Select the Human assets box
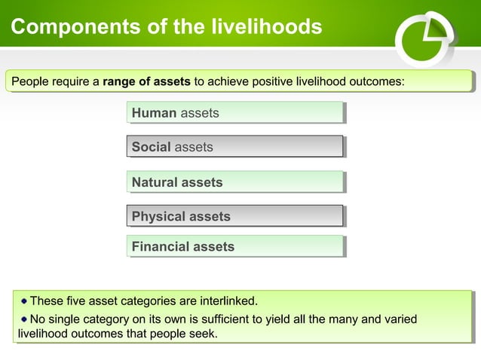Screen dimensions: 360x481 click(x=235, y=113)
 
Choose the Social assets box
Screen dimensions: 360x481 click(x=235, y=147)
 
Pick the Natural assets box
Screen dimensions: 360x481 click(x=235, y=182)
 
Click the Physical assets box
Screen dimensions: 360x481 click(x=235, y=216)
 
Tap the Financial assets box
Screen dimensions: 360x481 click(x=235, y=246)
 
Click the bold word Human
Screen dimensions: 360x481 click(x=154, y=113)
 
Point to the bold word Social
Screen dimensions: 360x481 click(x=151, y=147)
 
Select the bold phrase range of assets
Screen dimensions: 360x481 click(x=146, y=81)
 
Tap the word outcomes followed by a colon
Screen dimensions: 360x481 click(x=381, y=81)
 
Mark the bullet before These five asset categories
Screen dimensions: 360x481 click(x=24, y=302)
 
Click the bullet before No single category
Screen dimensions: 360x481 click(x=24, y=319)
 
